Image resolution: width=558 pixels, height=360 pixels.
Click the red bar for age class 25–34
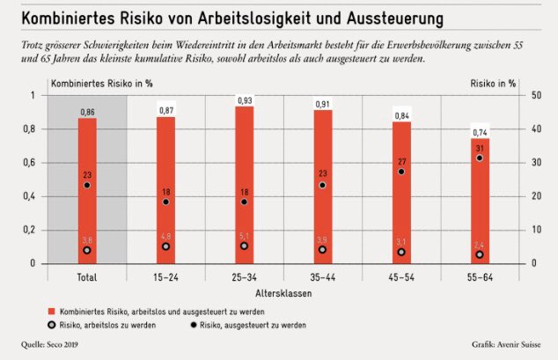click(x=244, y=185)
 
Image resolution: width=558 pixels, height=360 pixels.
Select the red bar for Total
click(x=87, y=190)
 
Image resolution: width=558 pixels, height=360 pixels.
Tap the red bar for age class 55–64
click(x=479, y=201)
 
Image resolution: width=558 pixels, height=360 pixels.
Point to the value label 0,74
click(x=479, y=133)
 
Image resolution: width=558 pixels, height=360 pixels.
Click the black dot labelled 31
click(x=479, y=158)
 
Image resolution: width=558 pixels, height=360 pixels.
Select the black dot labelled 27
click(x=400, y=172)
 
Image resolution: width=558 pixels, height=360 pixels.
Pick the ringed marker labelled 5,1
click(x=244, y=246)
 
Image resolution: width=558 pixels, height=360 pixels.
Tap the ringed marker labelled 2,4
click(x=479, y=254)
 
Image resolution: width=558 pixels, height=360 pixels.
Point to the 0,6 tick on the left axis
click(x=34, y=163)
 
